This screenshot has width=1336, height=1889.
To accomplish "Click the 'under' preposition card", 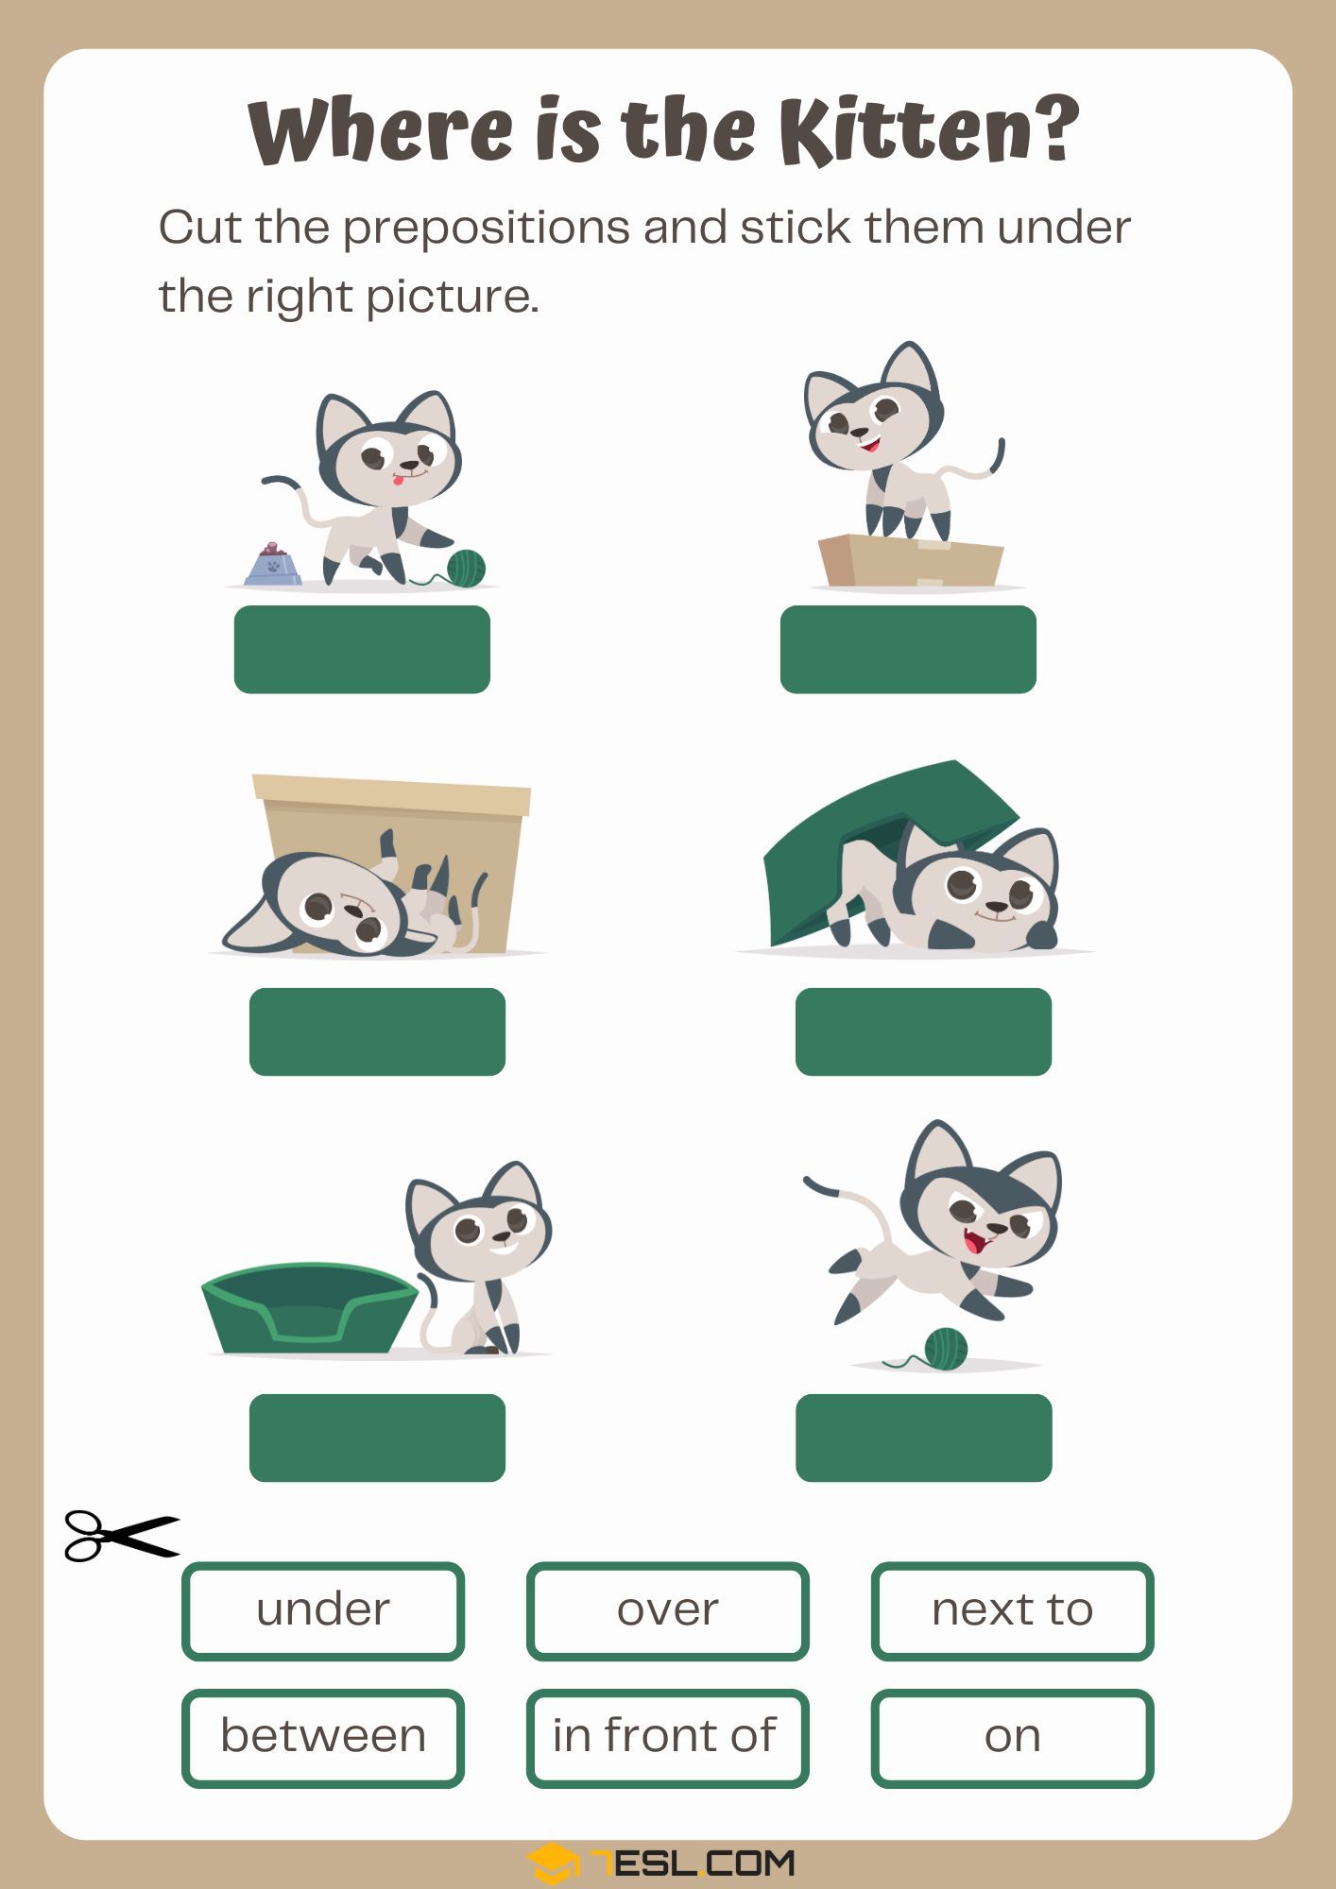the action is tap(323, 1611).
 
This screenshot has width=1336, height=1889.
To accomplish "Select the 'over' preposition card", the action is tap(667, 1611).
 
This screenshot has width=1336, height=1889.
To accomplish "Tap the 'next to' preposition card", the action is tap(1012, 1611).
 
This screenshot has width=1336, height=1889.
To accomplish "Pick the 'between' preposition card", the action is tap(323, 1738).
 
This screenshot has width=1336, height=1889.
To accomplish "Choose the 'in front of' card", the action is tap(667, 1738).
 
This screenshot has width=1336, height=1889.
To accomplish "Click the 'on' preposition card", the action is tap(1012, 1738).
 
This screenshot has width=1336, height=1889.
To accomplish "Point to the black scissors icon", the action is tap(121, 1535).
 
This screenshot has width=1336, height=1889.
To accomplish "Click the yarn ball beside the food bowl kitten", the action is tap(465, 569).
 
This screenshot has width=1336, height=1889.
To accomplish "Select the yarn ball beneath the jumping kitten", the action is tap(946, 1349).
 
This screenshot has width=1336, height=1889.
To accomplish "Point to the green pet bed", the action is tap(309, 1308).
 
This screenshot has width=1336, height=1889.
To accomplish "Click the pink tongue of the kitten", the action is tap(400, 483).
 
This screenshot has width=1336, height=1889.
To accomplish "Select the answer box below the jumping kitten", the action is tap(923, 1438).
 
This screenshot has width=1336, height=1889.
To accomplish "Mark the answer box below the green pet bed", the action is tap(377, 1438).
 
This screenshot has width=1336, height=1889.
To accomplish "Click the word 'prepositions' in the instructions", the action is tap(488, 230).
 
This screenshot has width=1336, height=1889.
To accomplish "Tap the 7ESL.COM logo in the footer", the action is tap(661, 1863).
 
